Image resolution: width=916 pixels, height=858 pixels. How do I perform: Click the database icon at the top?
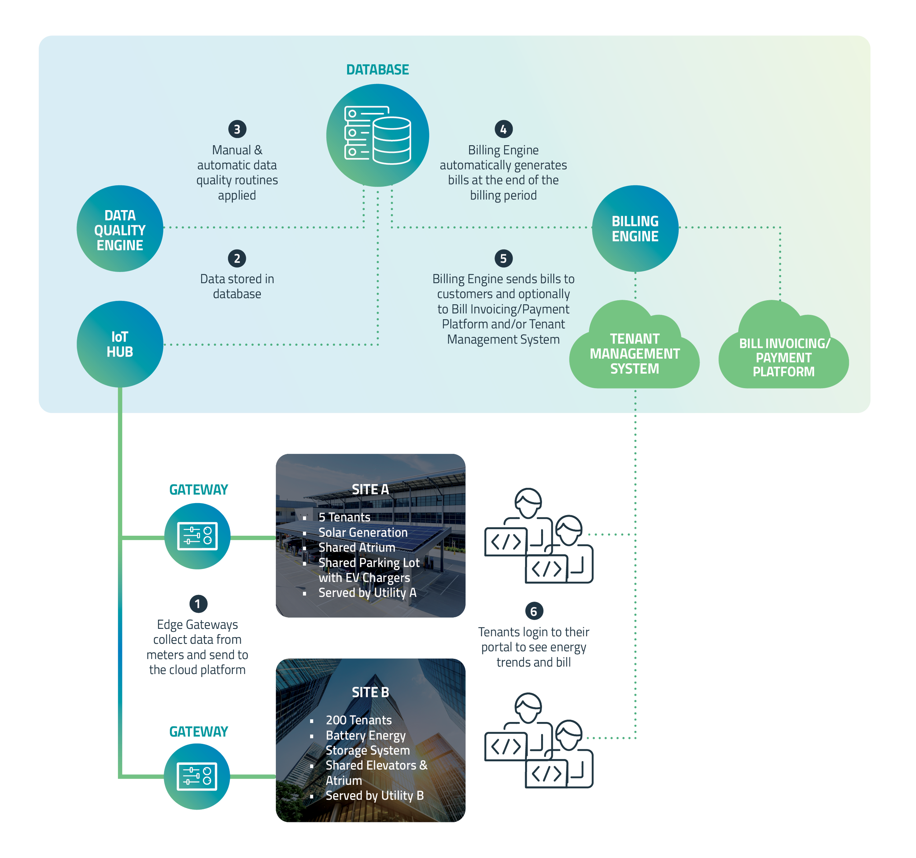point(377,135)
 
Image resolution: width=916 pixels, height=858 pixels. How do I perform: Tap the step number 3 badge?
point(237,129)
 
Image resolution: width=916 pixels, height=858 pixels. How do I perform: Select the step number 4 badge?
point(503,129)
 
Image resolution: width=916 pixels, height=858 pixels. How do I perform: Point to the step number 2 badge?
point(237,258)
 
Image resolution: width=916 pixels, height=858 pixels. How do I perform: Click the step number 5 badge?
point(503,258)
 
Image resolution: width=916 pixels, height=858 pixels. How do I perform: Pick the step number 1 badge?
point(198,604)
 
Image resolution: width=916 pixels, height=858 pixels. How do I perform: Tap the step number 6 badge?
point(533,611)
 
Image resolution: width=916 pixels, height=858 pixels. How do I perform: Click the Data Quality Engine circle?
point(120,229)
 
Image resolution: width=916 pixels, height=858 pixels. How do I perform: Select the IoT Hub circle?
point(120,344)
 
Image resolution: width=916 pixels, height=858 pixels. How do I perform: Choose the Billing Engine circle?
point(635,228)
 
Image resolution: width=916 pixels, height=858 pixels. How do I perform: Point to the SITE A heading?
point(370,489)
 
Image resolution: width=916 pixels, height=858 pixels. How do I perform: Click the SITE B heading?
point(370,692)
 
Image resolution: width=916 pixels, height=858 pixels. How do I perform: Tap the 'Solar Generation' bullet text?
point(363,532)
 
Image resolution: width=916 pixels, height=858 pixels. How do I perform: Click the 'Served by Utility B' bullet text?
point(374,795)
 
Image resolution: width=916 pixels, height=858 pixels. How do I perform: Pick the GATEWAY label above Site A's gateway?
point(199,489)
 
